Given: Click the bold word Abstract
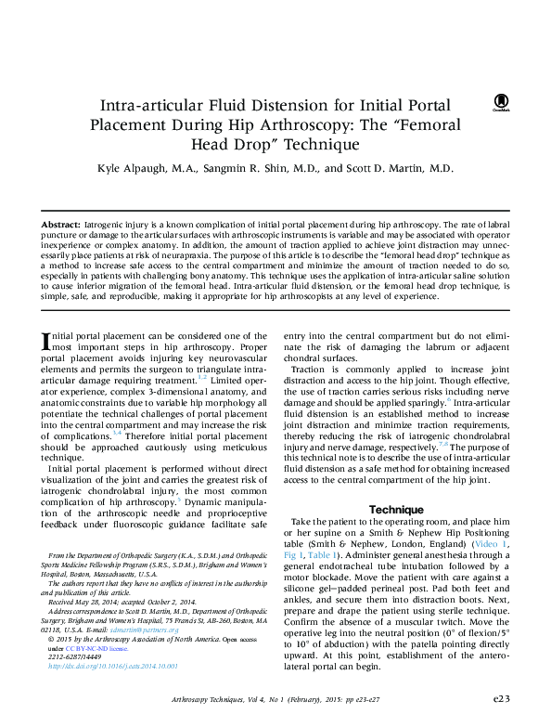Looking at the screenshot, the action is tap(61, 227).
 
